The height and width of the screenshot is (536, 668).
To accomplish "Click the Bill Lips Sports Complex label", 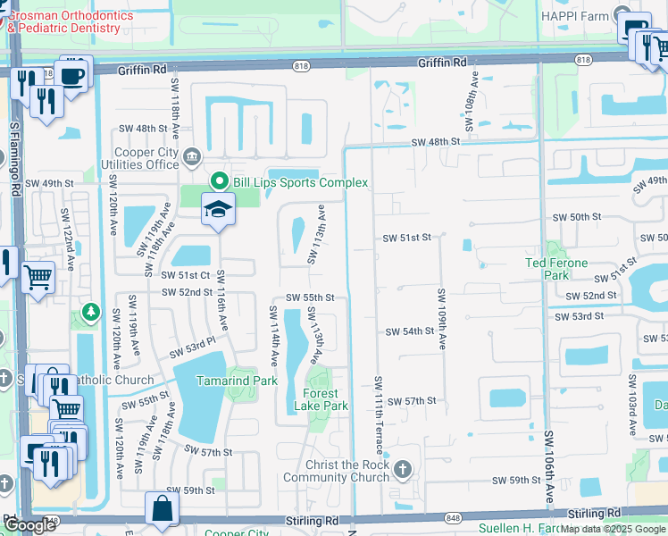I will (x=300, y=182).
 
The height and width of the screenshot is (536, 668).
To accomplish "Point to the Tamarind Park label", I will (x=237, y=381).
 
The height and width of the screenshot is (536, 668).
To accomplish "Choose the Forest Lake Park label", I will (x=321, y=399).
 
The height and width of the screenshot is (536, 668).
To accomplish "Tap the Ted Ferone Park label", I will (x=555, y=269).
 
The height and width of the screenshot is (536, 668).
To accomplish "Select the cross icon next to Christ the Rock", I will (x=403, y=468).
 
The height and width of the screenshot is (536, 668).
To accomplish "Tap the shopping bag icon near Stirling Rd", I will (x=163, y=509).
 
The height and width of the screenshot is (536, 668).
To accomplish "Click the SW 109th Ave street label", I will (x=442, y=318).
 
